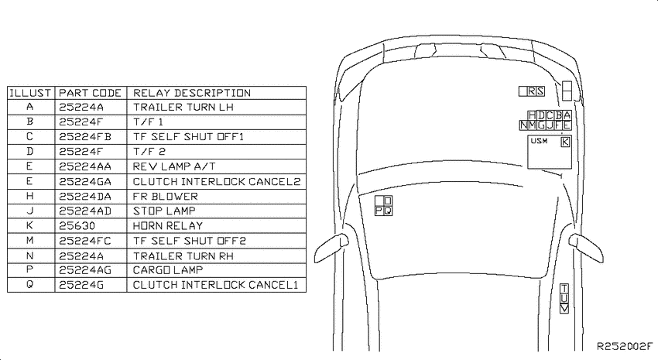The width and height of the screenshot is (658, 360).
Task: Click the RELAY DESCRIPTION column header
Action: tap(192, 93)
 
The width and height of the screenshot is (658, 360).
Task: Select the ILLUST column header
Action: tap(30, 93)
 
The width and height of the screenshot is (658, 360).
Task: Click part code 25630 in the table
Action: tap(77, 226)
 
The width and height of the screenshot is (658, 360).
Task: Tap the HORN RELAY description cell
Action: tap(168, 226)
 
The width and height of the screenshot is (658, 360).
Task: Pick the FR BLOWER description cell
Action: tap(166, 197)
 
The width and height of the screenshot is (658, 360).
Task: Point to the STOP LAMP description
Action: tap(164, 211)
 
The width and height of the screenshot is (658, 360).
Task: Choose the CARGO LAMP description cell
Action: tap(168, 269)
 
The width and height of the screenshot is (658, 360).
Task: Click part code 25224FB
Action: tap(85, 137)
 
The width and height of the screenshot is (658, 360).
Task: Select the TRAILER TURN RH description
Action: tap(183, 256)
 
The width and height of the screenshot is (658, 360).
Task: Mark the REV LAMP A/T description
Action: tap(174, 166)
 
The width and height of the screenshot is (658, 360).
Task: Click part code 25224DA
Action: tap(85, 197)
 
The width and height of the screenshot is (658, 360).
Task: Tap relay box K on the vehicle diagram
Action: tap(565, 142)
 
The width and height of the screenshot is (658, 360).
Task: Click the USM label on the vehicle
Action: tap(539, 141)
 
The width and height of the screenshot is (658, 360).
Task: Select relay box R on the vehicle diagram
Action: tap(532, 91)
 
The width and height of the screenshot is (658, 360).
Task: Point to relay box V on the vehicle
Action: tap(564, 308)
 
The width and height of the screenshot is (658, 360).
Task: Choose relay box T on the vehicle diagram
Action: tap(564, 288)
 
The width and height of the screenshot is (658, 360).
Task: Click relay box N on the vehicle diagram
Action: tap(523, 125)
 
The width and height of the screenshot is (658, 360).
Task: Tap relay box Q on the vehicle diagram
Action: tap(388, 211)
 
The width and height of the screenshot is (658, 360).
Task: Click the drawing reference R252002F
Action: tap(625, 346)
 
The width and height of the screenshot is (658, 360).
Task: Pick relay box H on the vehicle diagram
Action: tap(532, 115)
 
